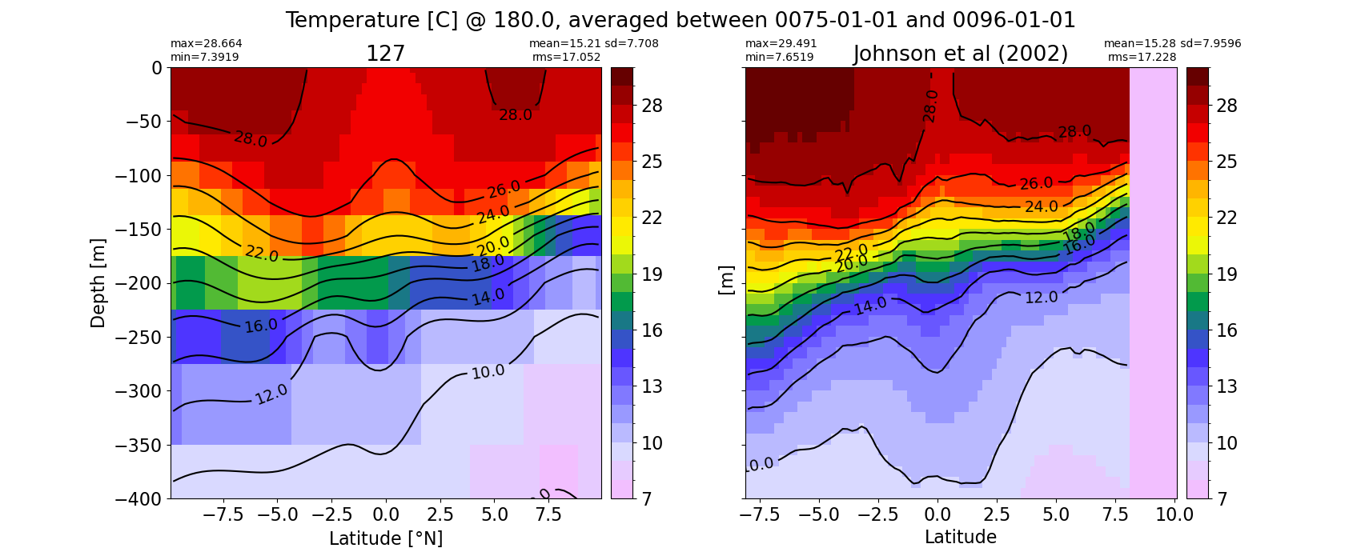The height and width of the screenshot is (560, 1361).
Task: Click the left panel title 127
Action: point(385,54)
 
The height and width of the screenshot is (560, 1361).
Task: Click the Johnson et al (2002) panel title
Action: point(961,54)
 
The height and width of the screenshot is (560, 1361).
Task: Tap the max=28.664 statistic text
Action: point(206,43)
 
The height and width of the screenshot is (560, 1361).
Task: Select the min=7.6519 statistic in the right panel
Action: point(780,57)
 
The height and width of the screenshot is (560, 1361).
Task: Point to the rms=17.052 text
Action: point(566,57)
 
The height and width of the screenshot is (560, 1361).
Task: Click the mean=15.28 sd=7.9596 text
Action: point(1172,43)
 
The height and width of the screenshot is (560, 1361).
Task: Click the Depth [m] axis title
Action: point(98,283)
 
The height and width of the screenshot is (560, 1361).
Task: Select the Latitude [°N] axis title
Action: point(386,538)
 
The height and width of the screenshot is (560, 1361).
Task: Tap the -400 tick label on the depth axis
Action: point(139,499)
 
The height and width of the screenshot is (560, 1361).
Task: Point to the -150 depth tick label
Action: point(139,230)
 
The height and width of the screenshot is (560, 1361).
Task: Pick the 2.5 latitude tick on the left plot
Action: point(440,515)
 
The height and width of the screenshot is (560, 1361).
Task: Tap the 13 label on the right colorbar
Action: point(1227,386)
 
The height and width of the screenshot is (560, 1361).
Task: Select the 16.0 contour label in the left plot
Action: point(261,326)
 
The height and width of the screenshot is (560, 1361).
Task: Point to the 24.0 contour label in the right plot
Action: point(1042,207)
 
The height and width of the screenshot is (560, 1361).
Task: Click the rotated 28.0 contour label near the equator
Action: point(929,106)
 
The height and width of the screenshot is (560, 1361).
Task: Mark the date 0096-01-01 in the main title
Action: point(1014,20)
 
